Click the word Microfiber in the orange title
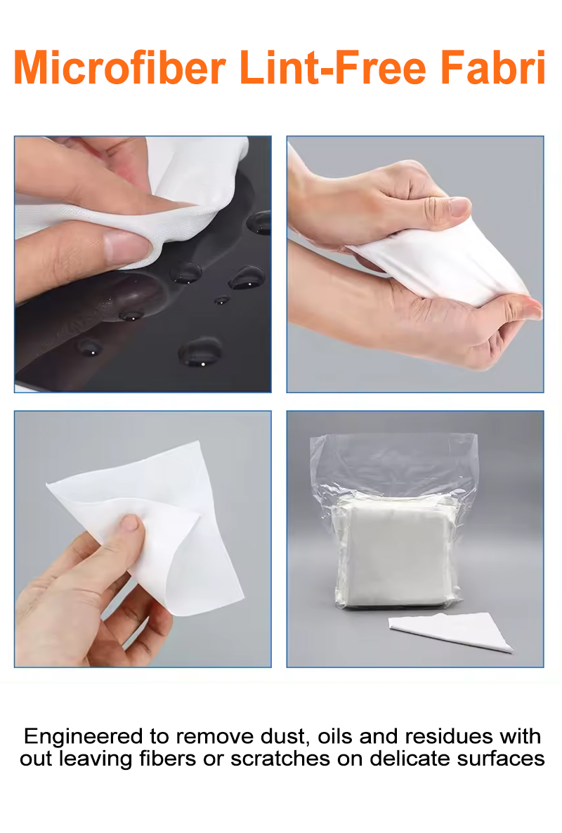119,69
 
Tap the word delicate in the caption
407,759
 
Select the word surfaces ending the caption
500,759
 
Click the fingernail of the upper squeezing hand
458,206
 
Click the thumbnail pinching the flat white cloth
130,523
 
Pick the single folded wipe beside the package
453,629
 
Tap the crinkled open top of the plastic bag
393,456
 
